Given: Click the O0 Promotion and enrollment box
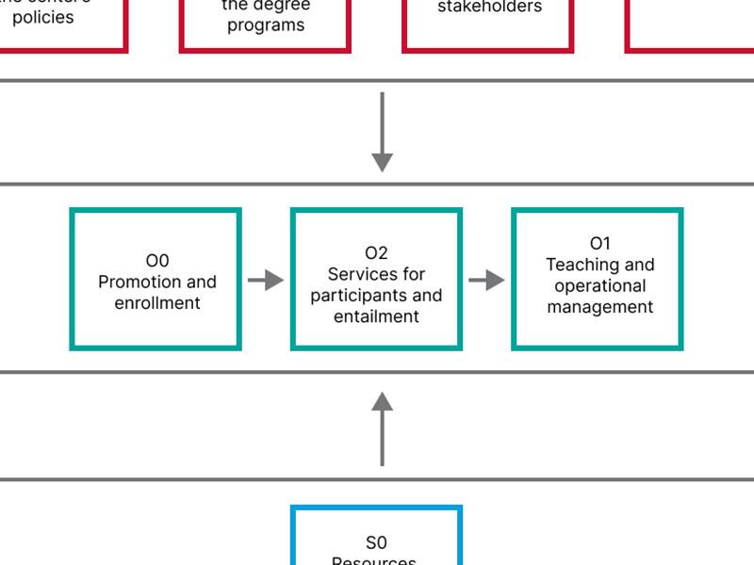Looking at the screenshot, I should (x=156, y=280).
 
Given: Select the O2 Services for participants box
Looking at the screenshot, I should (x=376, y=280).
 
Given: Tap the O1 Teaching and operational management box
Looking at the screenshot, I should (x=597, y=280).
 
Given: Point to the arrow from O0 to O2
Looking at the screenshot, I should (x=266, y=280).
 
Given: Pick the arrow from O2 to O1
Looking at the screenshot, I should (x=486, y=280).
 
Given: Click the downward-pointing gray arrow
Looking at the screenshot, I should (x=382, y=132).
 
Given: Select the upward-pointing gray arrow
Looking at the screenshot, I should (x=382, y=428).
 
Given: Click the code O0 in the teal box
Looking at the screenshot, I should (x=157, y=261).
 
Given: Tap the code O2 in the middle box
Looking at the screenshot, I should (x=376, y=253).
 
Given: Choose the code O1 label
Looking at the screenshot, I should (x=600, y=244).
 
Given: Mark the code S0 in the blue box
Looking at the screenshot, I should (x=376, y=542).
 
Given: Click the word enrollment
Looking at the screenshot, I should (x=157, y=303).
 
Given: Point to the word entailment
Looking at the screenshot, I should (x=376, y=316).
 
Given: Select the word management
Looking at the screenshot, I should (x=600, y=307).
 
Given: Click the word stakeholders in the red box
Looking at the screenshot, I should (x=489, y=8).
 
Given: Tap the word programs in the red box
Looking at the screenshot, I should (x=266, y=25).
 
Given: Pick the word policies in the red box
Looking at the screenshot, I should (x=43, y=18).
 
